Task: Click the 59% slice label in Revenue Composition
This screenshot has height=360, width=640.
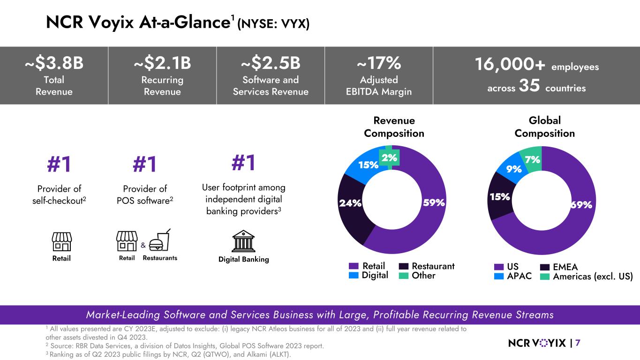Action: click(433, 203)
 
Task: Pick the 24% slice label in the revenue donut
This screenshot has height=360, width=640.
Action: click(350, 203)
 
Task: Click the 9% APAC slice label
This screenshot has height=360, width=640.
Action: click(514, 168)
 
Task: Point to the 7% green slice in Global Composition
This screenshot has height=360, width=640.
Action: click(532, 160)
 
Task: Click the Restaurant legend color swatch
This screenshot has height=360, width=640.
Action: click(404, 266)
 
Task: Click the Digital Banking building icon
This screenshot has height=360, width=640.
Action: click(244, 241)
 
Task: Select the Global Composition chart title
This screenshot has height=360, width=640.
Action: click(544, 127)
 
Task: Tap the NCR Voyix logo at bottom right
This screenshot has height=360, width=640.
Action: click(537, 343)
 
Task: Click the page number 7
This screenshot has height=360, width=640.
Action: click(577, 343)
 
